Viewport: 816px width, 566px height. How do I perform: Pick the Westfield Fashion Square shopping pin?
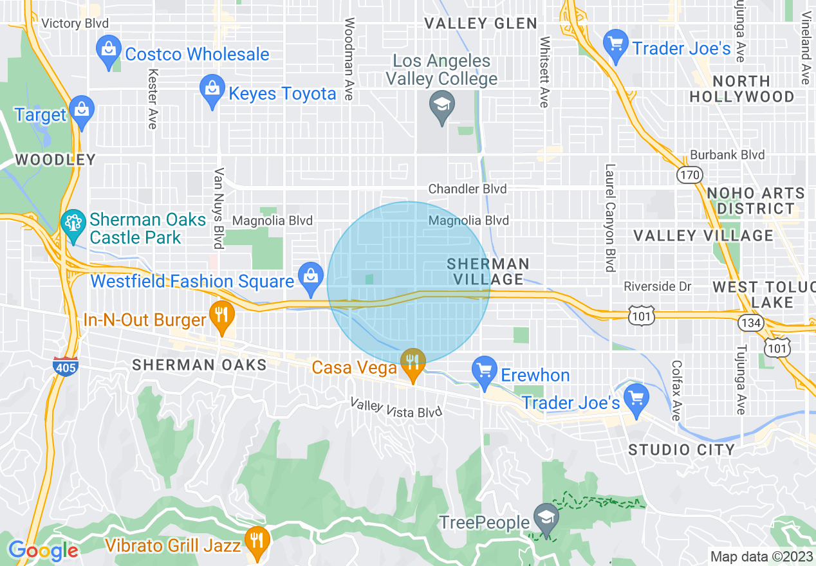[311, 277]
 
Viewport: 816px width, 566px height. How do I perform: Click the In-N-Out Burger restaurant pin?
[222, 316]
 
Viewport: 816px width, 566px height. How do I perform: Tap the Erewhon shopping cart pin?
[484, 371]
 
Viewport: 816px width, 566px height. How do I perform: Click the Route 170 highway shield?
[689, 174]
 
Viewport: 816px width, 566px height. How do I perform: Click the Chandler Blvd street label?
[468, 189]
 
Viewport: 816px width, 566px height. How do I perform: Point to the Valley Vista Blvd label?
[396, 407]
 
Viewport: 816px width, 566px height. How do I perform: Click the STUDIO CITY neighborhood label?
[682, 450]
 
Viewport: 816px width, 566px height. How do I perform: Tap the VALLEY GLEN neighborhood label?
[481, 24]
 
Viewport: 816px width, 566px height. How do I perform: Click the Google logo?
[43, 551]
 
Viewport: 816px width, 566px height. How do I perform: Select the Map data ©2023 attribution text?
[759, 556]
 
